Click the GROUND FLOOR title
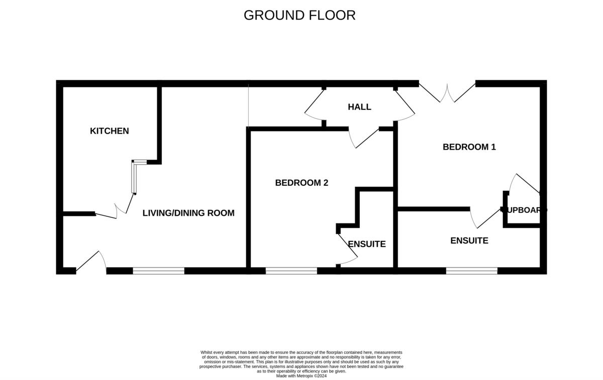click(299, 15)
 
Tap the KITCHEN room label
click(109, 131)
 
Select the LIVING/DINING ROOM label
click(188, 213)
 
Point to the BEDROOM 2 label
click(301, 183)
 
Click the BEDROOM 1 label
click(469, 147)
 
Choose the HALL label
click(359, 107)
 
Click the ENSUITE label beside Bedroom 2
click(367, 244)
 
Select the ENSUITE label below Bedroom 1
click(469, 240)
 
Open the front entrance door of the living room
click(91, 261)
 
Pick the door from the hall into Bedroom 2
click(364, 138)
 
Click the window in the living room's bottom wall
click(159, 271)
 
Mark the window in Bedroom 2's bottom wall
click(291, 271)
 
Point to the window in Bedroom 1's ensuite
click(471, 271)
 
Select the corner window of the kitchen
click(135, 176)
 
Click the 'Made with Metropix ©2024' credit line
click(301, 375)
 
